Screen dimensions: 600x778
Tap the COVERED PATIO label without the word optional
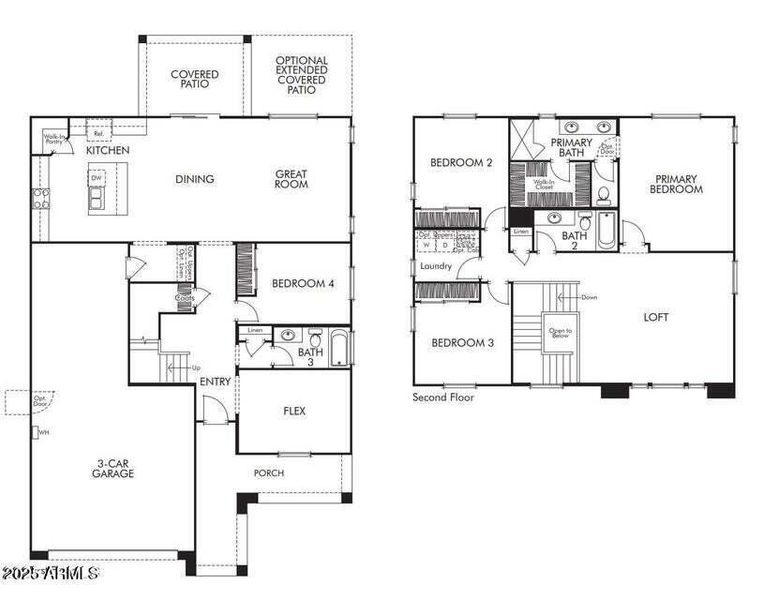pos(194,80)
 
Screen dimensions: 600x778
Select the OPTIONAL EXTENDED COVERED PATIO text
pos(301,75)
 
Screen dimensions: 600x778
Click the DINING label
pos(194,179)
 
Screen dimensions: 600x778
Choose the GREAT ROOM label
pos(291,179)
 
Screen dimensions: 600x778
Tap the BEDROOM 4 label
pos(302,283)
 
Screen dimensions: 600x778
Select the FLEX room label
pos(294,410)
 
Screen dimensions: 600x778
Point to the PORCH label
pos(268,473)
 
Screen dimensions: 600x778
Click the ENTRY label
pos(214,382)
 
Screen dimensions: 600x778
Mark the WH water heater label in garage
pos(43,432)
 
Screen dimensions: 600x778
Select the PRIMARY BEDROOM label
pos(676,184)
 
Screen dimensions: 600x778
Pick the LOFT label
pos(656,317)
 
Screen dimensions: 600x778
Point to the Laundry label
pos(436,266)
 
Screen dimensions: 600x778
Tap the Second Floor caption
pos(444,397)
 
